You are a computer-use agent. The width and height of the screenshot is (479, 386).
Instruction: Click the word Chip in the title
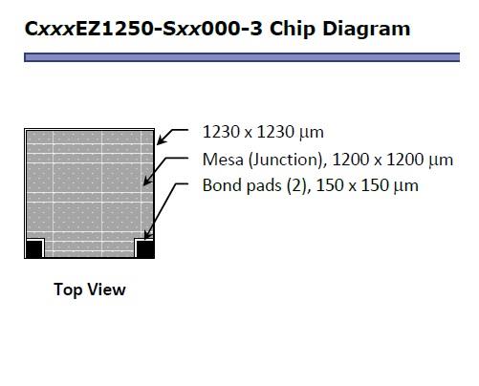pyautogui.click(x=293, y=29)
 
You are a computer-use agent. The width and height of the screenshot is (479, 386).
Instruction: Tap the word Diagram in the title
pyautogui.click(x=366, y=29)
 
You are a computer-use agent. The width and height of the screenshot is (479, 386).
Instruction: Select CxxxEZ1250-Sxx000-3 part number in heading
pyautogui.click(x=143, y=28)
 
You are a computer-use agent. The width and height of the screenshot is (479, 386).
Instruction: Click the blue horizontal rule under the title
pyautogui.click(x=242, y=57)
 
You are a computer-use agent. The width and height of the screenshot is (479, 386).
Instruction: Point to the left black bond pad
pyautogui.click(x=34, y=248)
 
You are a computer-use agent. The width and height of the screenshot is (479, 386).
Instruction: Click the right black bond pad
pyautogui.click(x=145, y=248)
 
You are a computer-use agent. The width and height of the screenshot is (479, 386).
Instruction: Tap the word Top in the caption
pyautogui.click(x=68, y=290)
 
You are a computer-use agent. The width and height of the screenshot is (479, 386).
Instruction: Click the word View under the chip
pyautogui.click(x=107, y=289)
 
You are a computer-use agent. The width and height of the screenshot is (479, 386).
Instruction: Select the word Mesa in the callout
pyautogui.click(x=223, y=160)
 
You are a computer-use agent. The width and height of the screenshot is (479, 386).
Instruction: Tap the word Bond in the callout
pyautogui.click(x=221, y=185)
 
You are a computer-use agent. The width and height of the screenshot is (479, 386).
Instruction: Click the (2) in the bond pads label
pyautogui.click(x=298, y=186)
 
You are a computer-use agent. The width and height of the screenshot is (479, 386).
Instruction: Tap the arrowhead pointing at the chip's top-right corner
pyautogui.click(x=162, y=140)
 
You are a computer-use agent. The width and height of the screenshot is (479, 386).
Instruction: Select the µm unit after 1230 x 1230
pyautogui.click(x=312, y=133)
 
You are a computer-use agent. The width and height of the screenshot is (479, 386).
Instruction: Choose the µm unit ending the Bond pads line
pyautogui.click(x=406, y=186)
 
